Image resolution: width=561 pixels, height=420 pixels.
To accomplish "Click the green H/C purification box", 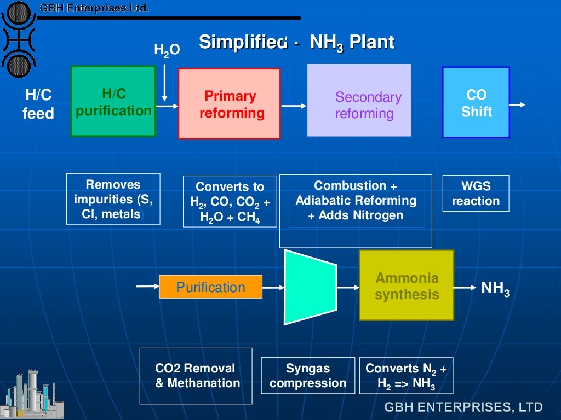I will click(x=113, y=102).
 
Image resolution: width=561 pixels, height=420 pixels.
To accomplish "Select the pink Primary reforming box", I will click(x=229, y=104).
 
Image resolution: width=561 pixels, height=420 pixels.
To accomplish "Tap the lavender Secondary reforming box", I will click(x=359, y=100).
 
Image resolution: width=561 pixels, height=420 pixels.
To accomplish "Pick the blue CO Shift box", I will click(x=476, y=102).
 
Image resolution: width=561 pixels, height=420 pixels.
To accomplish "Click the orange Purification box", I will click(x=210, y=287).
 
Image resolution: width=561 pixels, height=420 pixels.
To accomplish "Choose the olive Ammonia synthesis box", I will click(x=407, y=285).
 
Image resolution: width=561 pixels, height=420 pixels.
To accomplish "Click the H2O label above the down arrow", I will click(x=167, y=50).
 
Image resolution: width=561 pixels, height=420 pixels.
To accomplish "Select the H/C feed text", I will click(x=38, y=104).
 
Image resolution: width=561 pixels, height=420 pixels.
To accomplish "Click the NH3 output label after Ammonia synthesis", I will click(x=495, y=288).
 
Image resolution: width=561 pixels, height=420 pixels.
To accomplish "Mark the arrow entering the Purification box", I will click(x=147, y=286).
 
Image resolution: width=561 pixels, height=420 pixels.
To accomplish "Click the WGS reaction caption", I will click(x=476, y=194).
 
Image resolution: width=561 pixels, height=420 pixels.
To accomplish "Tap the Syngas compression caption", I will click(x=308, y=376).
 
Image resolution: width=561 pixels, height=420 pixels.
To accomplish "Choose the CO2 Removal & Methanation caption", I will click(x=197, y=376).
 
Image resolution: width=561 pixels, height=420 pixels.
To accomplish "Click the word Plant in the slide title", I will click(x=372, y=43).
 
